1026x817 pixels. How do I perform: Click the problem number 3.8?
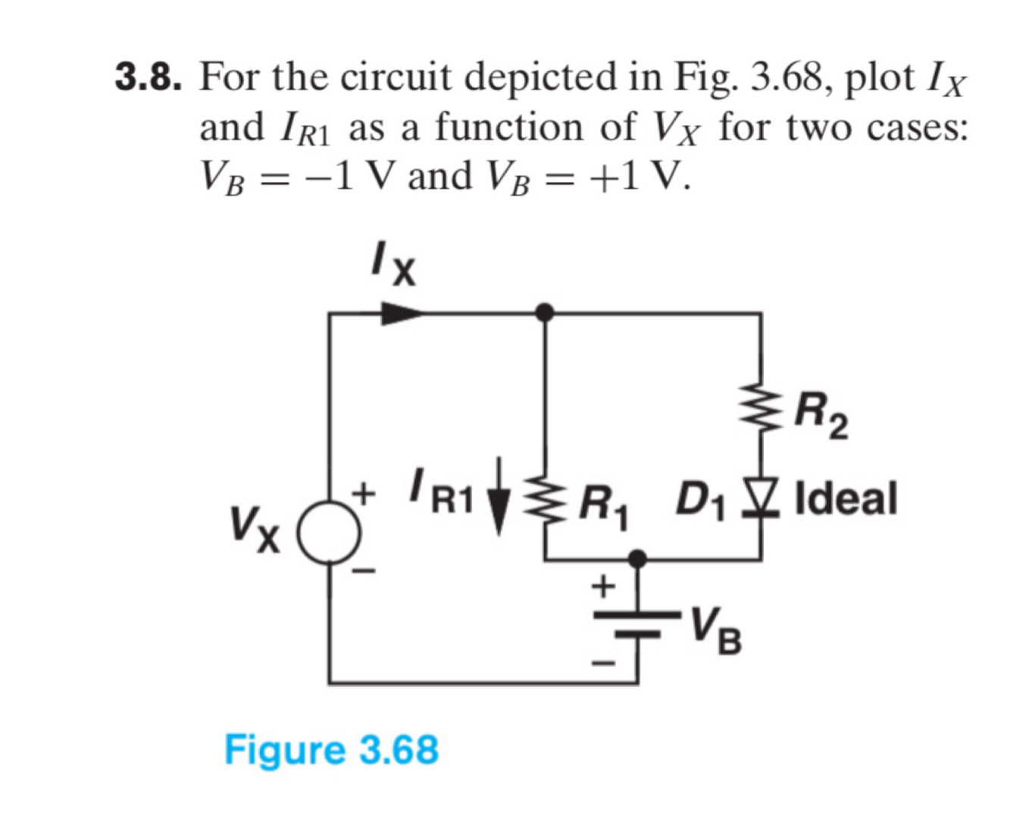click(148, 77)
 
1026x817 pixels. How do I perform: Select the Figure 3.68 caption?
click(331, 750)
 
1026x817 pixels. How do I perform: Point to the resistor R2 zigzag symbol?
click(761, 409)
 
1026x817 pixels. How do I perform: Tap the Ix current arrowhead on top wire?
click(399, 312)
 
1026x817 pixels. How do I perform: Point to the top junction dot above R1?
click(544, 311)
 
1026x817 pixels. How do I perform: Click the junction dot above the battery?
click(638, 559)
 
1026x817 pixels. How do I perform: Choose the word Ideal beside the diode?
click(846, 499)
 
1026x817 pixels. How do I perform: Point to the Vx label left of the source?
click(256, 527)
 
